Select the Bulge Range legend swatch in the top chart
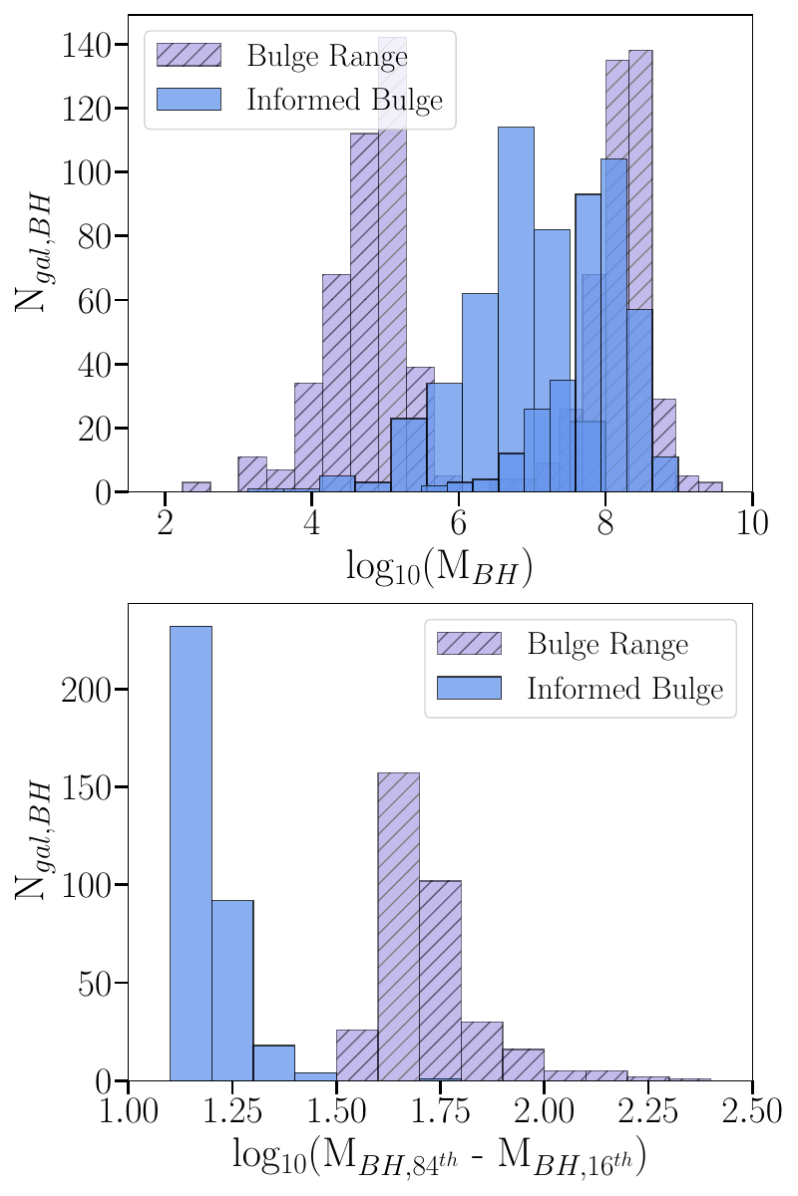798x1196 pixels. [189, 55]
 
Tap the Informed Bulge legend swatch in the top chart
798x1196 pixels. [189, 99]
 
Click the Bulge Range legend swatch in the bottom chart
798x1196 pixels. [469, 644]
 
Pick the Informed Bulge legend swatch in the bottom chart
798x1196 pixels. [469, 689]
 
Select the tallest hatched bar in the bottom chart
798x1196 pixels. [398, 927]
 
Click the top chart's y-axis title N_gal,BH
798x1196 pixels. [33, 254]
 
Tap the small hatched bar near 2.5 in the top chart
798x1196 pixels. [197, 487]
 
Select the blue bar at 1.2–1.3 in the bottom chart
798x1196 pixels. [232, 991]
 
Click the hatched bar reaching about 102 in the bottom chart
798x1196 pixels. [440, 982]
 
